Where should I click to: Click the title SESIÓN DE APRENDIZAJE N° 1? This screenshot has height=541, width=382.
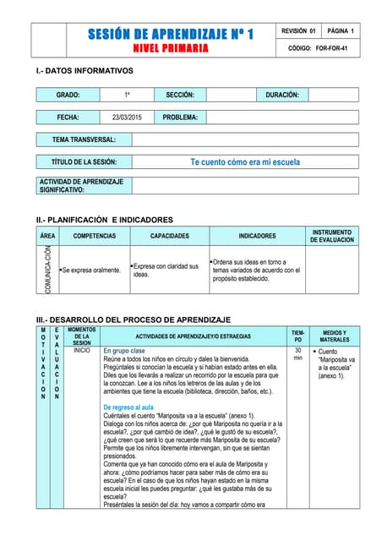point(171,34)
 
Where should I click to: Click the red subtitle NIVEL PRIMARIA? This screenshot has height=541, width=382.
point(171,48)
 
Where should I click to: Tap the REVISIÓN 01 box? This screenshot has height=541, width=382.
point(300,31)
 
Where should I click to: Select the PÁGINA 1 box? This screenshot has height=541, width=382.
point(341,31)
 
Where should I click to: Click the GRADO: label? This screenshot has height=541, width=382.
point(68,96)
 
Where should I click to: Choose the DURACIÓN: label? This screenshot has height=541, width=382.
point(283,96)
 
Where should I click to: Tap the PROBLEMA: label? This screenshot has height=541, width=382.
point(180,117)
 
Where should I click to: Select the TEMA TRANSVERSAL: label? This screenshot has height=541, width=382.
point(85,139)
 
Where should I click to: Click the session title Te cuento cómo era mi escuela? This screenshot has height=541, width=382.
point(245,161)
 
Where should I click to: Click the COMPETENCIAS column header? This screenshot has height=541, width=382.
point(94,236)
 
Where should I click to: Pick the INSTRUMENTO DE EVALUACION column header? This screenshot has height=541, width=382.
point(332,236)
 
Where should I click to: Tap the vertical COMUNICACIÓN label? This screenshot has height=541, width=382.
point(48,270)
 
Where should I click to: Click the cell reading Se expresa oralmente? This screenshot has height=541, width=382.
point(91,270)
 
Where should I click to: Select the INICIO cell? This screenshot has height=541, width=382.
point(82,349)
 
